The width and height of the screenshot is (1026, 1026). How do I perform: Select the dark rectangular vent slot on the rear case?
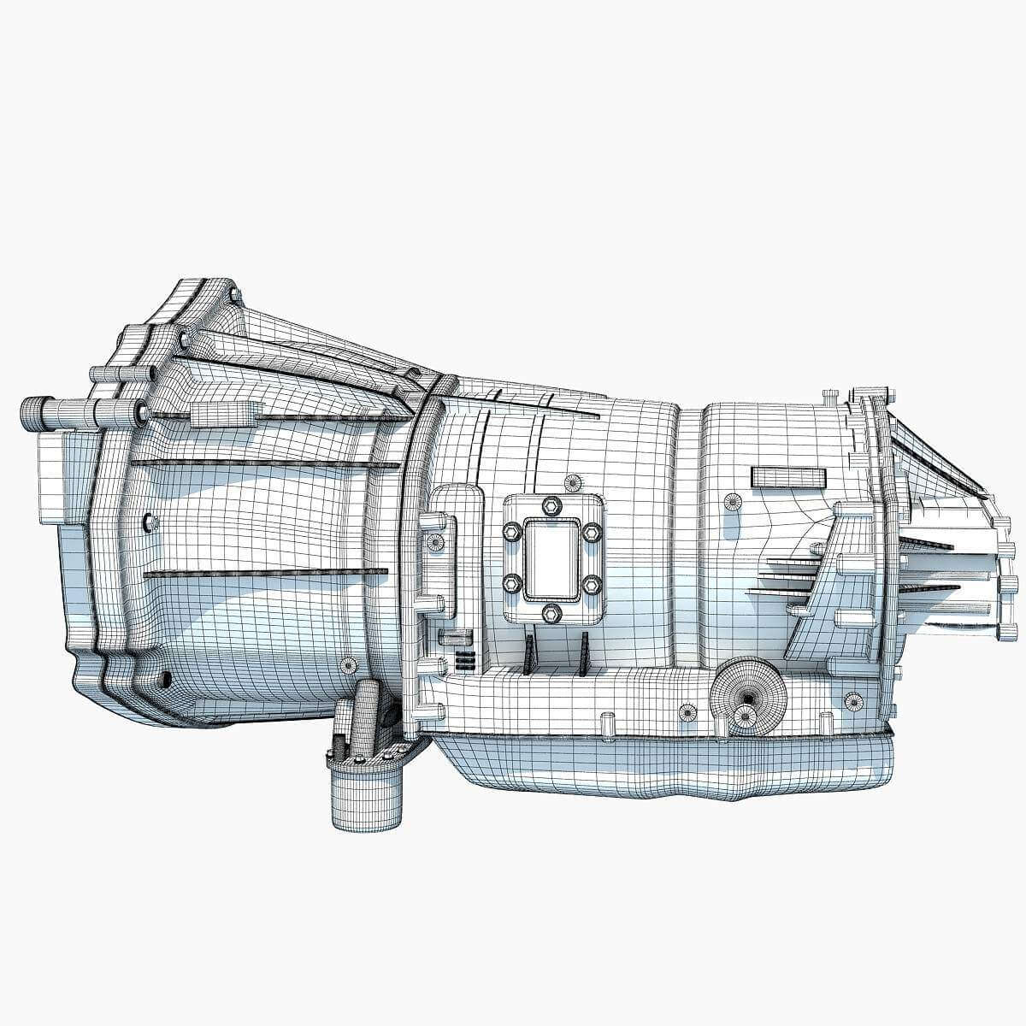point(788,477)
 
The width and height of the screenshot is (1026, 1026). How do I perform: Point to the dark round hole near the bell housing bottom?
point(165,680)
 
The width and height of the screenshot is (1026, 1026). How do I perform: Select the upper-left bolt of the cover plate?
point(511,532)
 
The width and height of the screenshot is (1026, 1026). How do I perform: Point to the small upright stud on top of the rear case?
point(828,398)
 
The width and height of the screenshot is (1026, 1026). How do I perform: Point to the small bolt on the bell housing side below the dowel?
point(151,522)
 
